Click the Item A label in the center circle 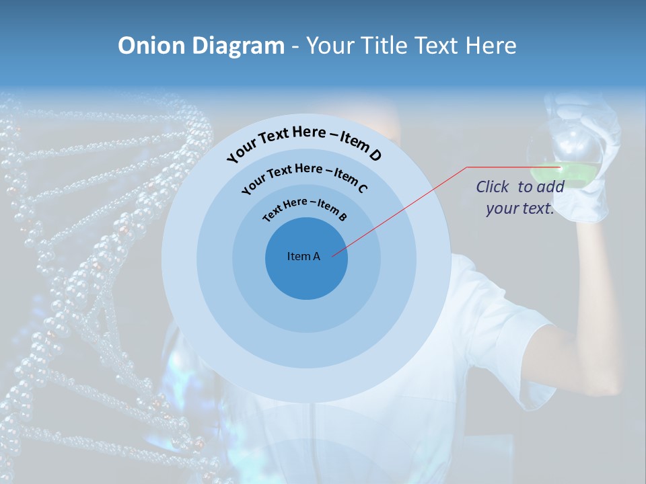coord(303,256)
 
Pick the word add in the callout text coord(551,187)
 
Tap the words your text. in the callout coord(520,208)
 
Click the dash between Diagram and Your coord(295,46)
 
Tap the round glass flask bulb coord(565,151)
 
